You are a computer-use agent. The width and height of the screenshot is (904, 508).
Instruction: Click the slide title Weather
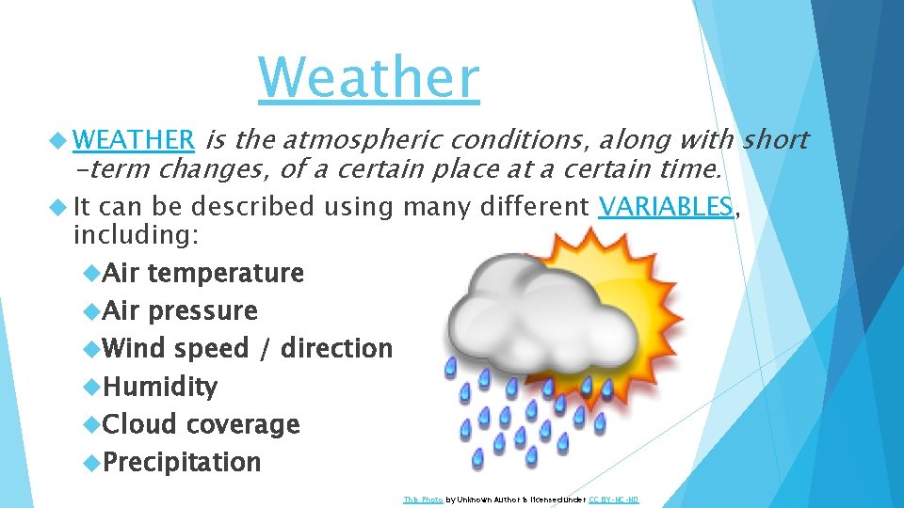click(368, 77)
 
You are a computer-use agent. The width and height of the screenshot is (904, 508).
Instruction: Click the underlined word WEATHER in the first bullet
click(134, 140)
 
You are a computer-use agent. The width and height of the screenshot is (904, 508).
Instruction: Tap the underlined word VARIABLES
click(665, 206)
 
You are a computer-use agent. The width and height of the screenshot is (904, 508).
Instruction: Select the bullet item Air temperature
click(202, 274)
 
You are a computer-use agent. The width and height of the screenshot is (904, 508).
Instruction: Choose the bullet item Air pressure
click(180, 311)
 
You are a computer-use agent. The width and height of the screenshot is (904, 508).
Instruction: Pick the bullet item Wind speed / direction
click(247, 348)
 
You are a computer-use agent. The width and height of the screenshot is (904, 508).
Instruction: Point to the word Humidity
click(160, 387)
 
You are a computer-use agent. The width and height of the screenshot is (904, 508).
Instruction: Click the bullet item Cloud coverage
click(201, 424)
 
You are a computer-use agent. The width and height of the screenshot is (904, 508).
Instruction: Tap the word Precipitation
click(182, 463)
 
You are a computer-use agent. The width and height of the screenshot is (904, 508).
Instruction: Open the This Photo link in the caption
click(422, 500)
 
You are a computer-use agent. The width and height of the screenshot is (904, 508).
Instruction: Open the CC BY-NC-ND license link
click(613, 500)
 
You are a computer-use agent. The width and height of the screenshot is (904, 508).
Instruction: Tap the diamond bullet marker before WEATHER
click(63, 140)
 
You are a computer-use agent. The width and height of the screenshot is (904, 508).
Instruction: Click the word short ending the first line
click(775, 140)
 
